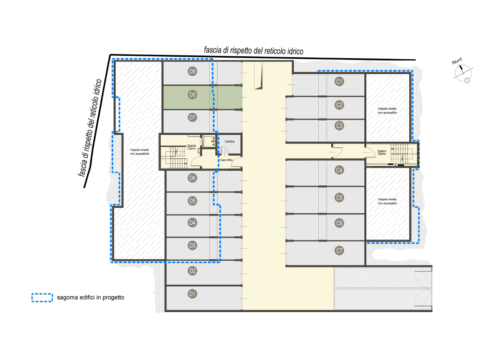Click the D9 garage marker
point(193,71)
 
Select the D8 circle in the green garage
point(193,94)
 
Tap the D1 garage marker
point(193,294)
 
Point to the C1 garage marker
point(339,81)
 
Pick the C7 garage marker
point(339,251)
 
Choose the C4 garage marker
point(339,170)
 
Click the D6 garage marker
point(193,178)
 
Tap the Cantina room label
point(230,142)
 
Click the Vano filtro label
point(226,160)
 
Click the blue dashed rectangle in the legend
point(42,298)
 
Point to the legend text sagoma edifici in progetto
point(91,298)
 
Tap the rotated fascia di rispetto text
point(90,128)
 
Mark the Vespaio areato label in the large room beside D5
point(139,152)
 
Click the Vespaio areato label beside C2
point(387,110)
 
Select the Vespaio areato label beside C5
point(387,201)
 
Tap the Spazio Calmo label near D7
point(191,147)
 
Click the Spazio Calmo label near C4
point(382,152)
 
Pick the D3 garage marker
point(193,246)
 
